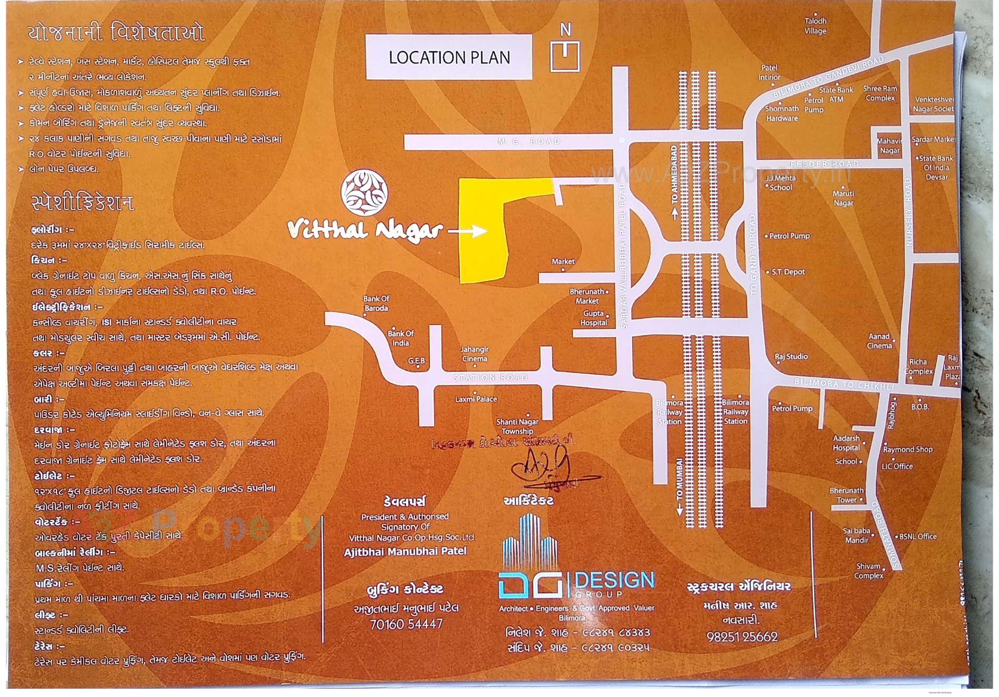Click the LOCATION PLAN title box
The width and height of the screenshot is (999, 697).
click(449, 57)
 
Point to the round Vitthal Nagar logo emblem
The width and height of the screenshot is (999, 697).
click(364, 192)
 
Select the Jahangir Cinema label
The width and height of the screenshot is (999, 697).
click(475, 354)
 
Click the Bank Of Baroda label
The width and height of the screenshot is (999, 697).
click(376, 303)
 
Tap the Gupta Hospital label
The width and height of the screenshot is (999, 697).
click(594, 318)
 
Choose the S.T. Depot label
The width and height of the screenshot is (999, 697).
click(788, 272)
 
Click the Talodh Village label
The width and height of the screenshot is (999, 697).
click(815, 26)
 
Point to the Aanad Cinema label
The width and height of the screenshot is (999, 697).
click(879, 341)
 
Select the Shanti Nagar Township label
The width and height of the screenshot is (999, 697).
click(517, 427)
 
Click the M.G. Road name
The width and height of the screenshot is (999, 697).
click(529, 141)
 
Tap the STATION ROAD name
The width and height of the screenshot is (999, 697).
click(490, 378)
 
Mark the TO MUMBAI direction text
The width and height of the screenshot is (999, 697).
click(679, 484)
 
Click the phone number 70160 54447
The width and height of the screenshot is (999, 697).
click(406, 624)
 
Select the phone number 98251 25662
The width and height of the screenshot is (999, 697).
click(742, 637)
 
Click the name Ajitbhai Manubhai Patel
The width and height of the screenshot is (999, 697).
click(405, 551)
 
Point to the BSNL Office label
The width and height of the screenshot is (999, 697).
click(918, 536)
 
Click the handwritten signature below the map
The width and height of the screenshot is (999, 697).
click(546, 471)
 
